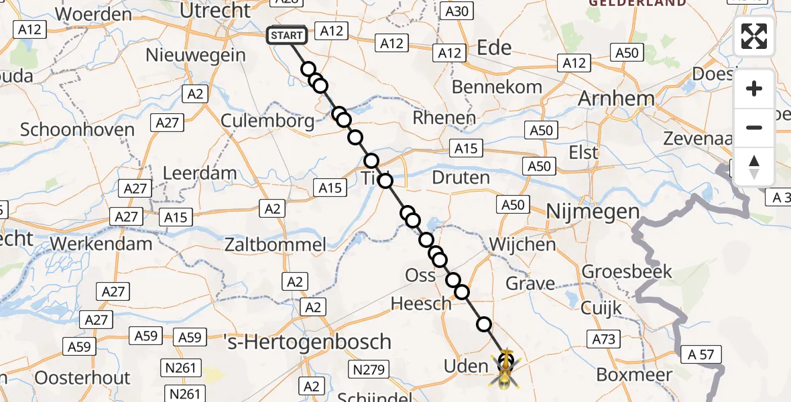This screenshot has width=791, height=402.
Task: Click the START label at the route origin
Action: coord(288,36)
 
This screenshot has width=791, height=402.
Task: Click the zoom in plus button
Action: coord(754,88)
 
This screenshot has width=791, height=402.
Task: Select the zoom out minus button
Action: coord(754,127)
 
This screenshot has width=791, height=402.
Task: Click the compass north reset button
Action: coord(754,167)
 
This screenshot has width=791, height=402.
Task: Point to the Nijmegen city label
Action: coord(593,212)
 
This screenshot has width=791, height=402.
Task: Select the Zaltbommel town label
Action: coord(276,244)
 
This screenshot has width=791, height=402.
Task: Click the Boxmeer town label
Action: coord(634,375)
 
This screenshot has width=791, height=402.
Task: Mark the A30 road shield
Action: coord(458,11)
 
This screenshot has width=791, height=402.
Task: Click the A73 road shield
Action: coord(604,339)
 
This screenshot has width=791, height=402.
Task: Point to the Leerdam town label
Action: coord(200,173)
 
